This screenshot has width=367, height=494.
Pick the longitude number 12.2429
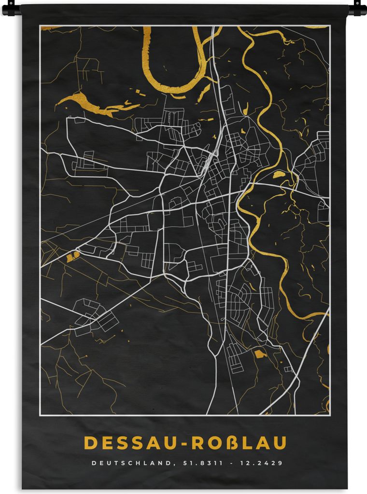pos(260,463)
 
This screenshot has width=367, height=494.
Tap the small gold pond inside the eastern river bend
pos(279,175)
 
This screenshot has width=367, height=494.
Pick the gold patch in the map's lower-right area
pos(260,354)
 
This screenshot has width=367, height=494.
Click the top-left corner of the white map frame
pos(40,26)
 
